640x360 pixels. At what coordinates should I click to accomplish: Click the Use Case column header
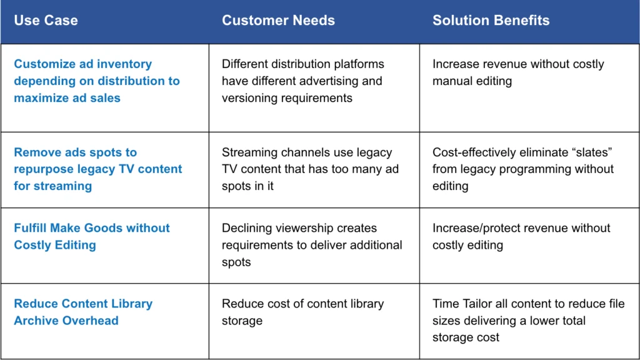[46, 21]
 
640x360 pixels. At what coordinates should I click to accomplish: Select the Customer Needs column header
[278, 21]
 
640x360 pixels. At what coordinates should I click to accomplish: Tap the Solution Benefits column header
[491, 21]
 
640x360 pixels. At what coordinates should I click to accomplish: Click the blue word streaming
[62, 186]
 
